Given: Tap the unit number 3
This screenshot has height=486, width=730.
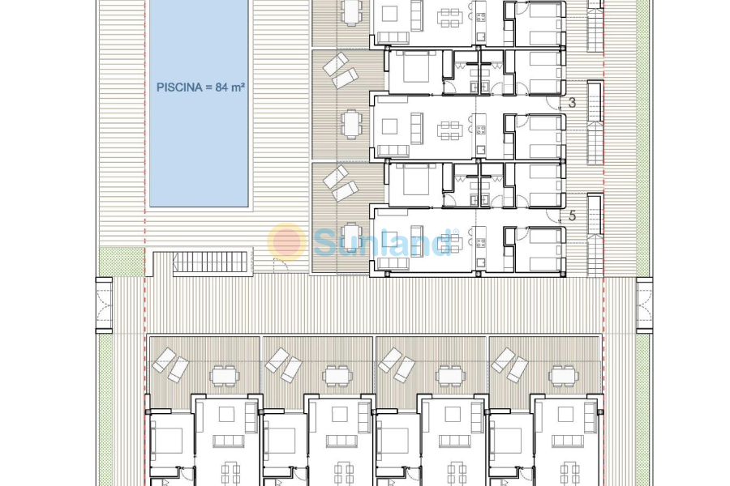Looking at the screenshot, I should click(572, 103).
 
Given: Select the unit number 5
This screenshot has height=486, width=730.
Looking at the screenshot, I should click(572, 215).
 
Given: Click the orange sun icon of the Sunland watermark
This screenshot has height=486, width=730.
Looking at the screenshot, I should click(287, 241).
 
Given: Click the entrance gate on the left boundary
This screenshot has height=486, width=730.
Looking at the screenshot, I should click(104, 305).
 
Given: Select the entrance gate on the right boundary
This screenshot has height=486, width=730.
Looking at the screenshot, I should click(644, 305).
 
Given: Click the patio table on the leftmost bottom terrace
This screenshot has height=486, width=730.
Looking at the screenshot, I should click(224, 374).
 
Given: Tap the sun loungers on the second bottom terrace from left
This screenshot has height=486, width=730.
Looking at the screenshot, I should click(284, 364).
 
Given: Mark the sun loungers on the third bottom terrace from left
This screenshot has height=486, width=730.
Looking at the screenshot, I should click(397, 364).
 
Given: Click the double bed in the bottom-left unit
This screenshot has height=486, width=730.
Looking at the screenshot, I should click(169, 441).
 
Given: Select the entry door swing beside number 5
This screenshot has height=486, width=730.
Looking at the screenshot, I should click(554, 213).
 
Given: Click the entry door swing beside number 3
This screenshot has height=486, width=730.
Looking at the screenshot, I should click(554, 101).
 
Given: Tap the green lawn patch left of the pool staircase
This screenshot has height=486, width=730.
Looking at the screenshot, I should click(121, 261).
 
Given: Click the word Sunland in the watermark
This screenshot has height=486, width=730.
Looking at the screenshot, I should click(381, 242).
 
